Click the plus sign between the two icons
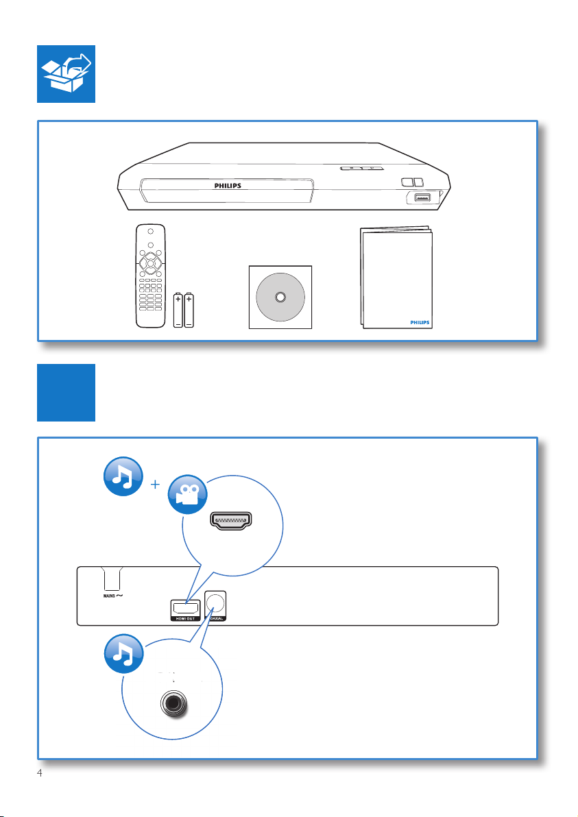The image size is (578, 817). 155,485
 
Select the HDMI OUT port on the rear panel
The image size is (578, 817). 186,607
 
